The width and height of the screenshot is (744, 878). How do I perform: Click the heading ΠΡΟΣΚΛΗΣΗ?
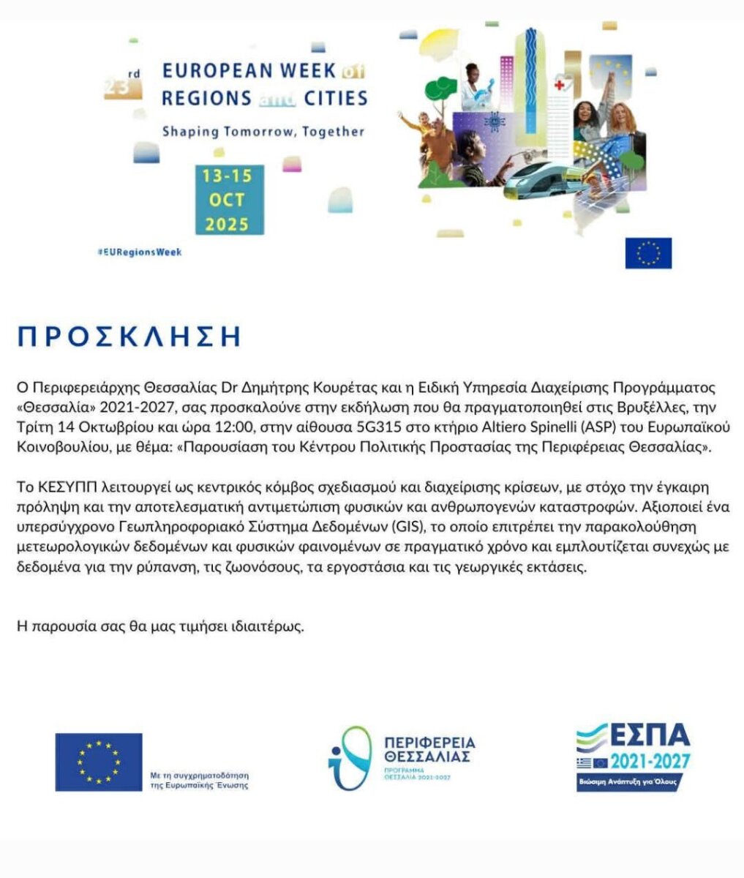pos(129,336)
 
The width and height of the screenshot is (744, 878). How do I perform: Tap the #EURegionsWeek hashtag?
pos(139,252)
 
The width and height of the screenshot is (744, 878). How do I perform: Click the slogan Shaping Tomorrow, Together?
pos(263,132)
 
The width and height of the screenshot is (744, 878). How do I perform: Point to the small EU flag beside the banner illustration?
pos(648,253)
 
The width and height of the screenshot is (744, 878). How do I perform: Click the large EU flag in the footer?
pos(99,762)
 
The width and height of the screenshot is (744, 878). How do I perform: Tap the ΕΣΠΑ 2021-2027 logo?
pos(633,757)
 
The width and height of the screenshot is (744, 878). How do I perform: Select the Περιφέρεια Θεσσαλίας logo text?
pos(430,750)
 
